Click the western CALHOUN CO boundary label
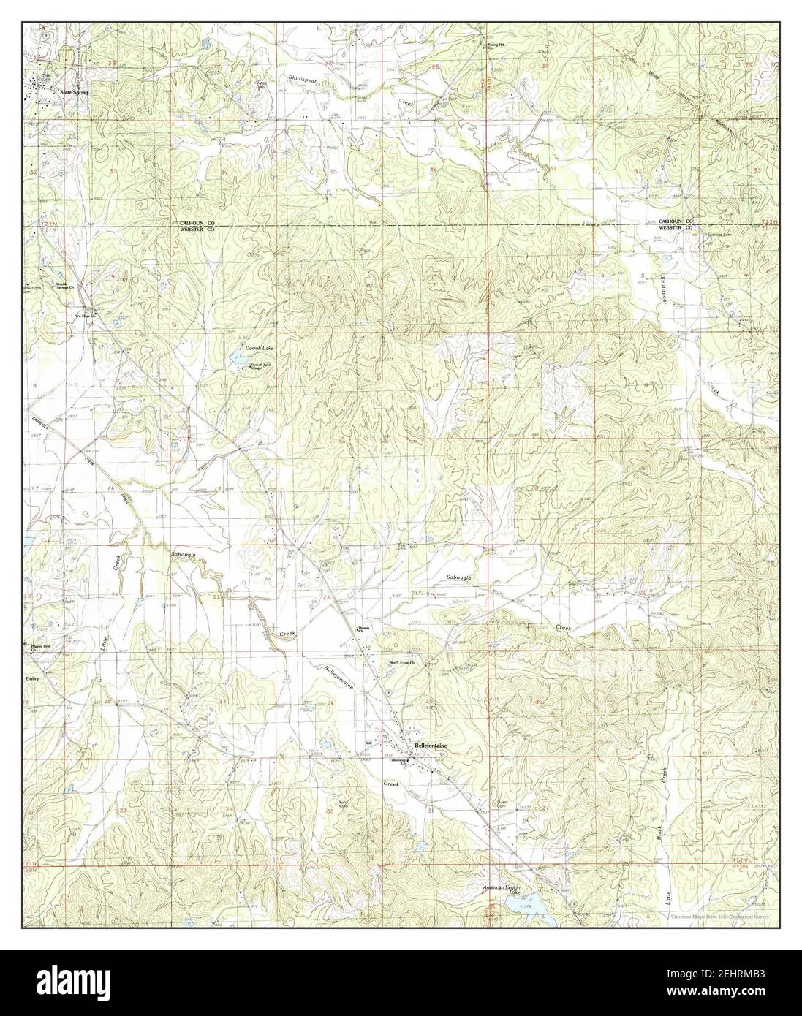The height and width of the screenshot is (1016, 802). pos(192,221)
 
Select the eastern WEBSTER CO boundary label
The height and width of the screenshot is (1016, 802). pos(676,228)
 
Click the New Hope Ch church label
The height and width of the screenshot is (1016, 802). pos(84,316)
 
